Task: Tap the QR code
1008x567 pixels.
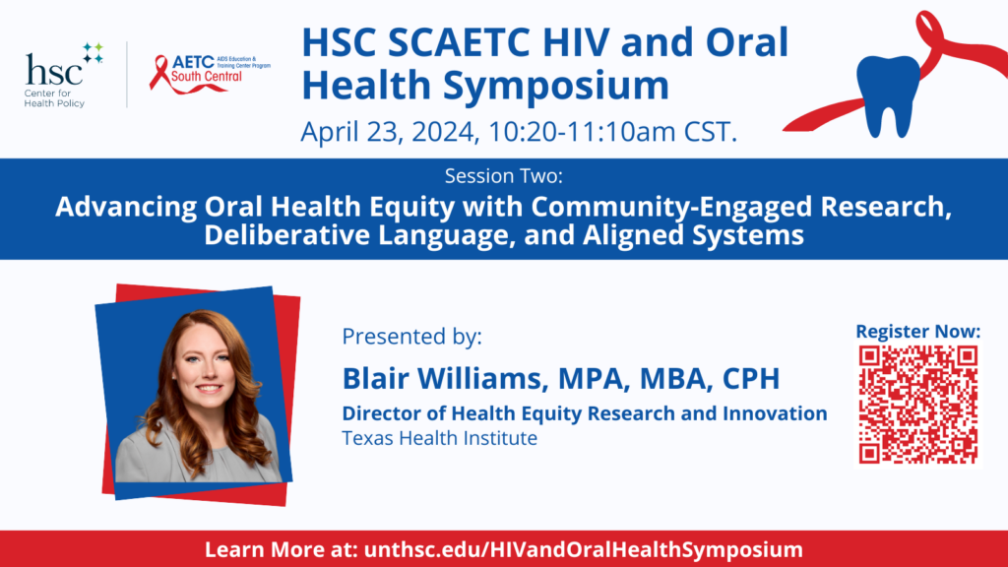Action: tap(918, 405)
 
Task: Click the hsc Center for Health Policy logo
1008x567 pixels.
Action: tap(63, 75)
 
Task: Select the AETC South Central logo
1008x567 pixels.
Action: tap(210, 74)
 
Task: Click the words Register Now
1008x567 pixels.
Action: tap(918, 331)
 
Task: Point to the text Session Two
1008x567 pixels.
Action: tap(503, 175)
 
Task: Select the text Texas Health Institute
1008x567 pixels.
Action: tap(440, 438)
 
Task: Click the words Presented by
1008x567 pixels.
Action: tap(411, 337)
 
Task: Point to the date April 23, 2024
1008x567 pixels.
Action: tap(390, 132)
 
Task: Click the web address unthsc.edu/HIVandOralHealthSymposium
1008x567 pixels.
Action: tap(583, 549)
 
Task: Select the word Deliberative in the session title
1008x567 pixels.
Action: tap(287, 234)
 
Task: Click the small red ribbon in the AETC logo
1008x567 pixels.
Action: tap(159, 71)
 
